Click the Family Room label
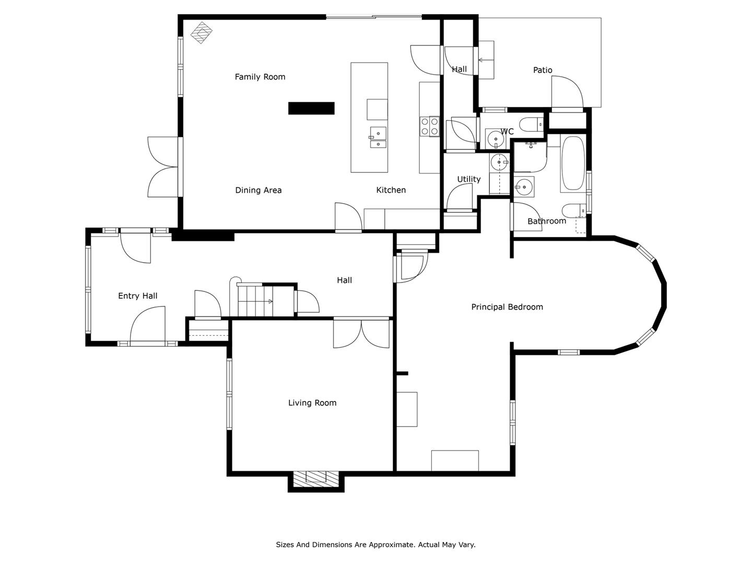click(x=260, y=77)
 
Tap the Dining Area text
click(x=258, y=190)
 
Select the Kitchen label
click(x=391, y=190)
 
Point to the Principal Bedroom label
click(x=507, y=307)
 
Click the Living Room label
click(x=312, y=403)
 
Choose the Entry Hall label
click(x=138, y=296)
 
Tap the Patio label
click(x=543, y=70)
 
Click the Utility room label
click(x=468, y=179)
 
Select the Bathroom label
click(x=547, y=221)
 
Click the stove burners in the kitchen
click(x=430, y=126)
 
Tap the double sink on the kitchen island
click(x=378, y=137)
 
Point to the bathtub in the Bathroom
click(x=573, y=163)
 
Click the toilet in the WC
click(x=532, y=124)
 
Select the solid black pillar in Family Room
click(x=311, y=108)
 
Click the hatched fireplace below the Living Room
click(x=316, y=477)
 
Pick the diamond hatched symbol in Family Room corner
click(x=202, y=32)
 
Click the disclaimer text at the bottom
click(x=376, y=545)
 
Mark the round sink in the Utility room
click(x=499, y=162)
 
